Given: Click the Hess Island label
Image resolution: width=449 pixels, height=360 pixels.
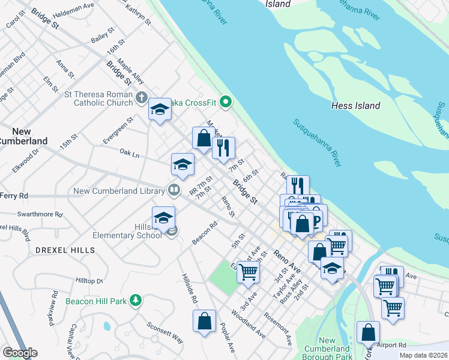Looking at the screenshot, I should (355, 106).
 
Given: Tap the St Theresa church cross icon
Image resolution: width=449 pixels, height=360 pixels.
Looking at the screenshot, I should (142, 97).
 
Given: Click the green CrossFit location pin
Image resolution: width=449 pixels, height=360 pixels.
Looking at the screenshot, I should (226, 102).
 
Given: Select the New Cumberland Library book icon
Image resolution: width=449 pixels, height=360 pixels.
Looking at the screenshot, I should (173, 190).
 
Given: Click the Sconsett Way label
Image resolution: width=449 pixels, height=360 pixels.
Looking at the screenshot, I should (165, 331).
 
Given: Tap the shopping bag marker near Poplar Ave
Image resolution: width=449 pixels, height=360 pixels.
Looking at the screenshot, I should (205, 320).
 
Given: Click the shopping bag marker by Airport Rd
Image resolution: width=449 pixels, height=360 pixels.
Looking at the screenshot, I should (368, 332).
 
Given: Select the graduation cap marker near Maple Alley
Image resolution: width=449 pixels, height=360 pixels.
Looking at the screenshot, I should (160, 109).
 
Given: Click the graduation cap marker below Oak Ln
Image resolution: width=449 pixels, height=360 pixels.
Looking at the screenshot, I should (182, 164).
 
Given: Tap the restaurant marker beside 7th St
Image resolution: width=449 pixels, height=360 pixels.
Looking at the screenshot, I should (223, 148).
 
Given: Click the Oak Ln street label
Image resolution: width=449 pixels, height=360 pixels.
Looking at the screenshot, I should (129, 154).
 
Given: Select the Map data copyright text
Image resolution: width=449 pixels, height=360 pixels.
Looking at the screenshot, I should (423, 355).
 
